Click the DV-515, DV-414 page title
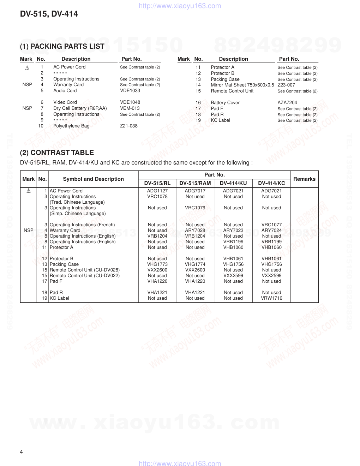[x=49, y=14]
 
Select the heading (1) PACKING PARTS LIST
[x=62, y=46]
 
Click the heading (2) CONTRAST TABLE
[x=57, y=153]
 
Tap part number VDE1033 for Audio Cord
[x=130, y=91]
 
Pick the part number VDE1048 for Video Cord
[x=130, y=102]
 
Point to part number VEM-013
[x=130, y=108]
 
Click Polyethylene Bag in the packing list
[x=71, y=126]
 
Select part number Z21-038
[x=129, y=126]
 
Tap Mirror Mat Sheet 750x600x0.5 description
[x=242, y=85]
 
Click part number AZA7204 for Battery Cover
[x=287, y=103]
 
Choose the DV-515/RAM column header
[x=195, y=183]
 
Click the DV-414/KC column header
[x=271, y=183]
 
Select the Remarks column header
[x=304, y=179]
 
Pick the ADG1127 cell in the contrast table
[x=157, y=191]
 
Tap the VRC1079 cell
[x=195, y=208]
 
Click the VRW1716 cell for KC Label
[x=271, y=298]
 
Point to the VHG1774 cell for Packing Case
[x=195, y=264]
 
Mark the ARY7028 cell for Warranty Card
[x=195, y=231]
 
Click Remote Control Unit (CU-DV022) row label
[x=85, y=276]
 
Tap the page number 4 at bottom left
[x=22, y=452]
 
